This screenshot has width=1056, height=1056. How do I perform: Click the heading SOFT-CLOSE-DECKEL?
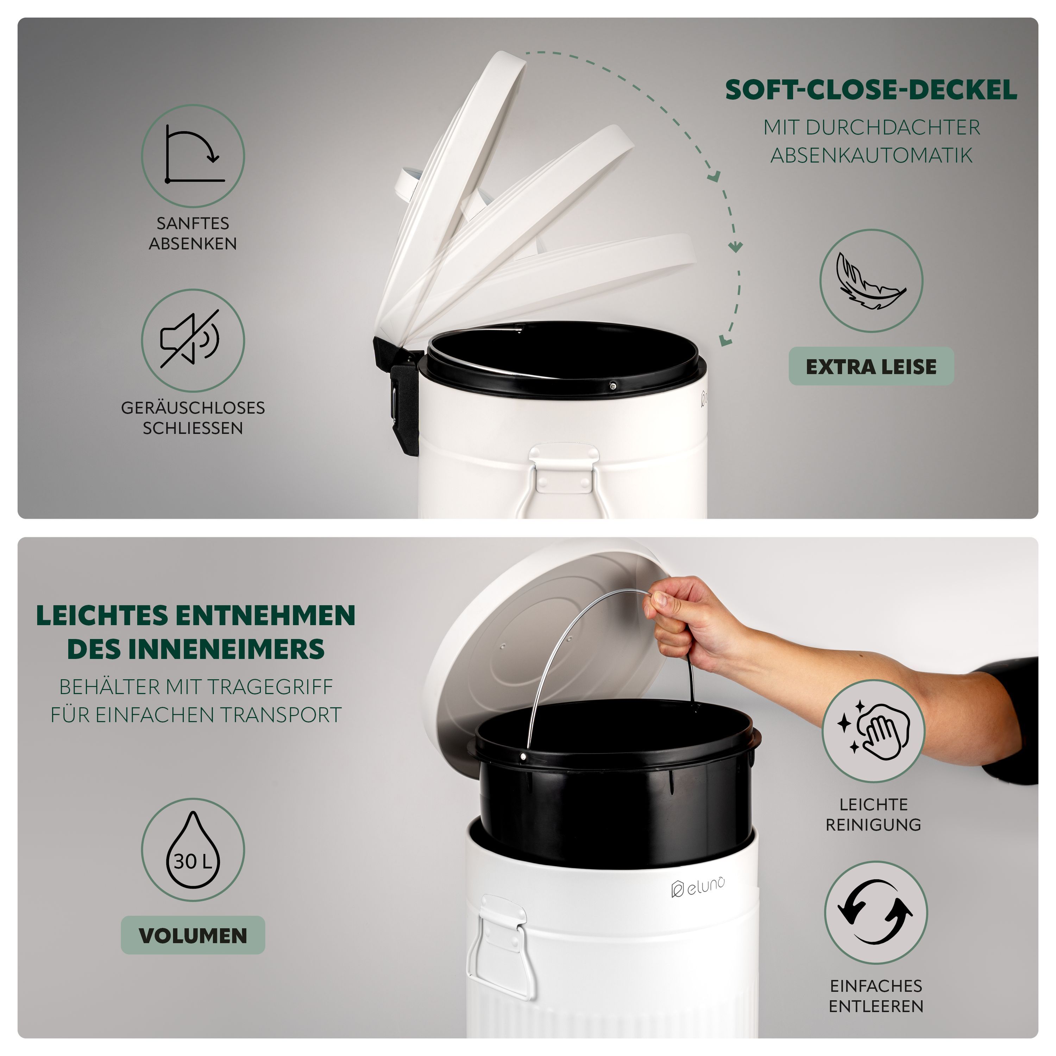[x=871, y=90]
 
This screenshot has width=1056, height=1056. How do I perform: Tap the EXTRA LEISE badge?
[x=871, y=366]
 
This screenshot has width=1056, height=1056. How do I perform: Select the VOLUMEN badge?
[x=193, y=935]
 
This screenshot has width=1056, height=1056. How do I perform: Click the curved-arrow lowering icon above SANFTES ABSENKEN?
[x=194, y=154]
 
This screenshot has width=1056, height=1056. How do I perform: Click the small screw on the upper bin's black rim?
[x=614, y=385]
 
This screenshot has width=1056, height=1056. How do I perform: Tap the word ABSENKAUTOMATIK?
[x=871, y=155]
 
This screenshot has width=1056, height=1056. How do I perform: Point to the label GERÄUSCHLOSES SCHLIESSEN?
[x=193, y=417]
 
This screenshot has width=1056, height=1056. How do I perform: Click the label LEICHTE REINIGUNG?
[x=873, y=814]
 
